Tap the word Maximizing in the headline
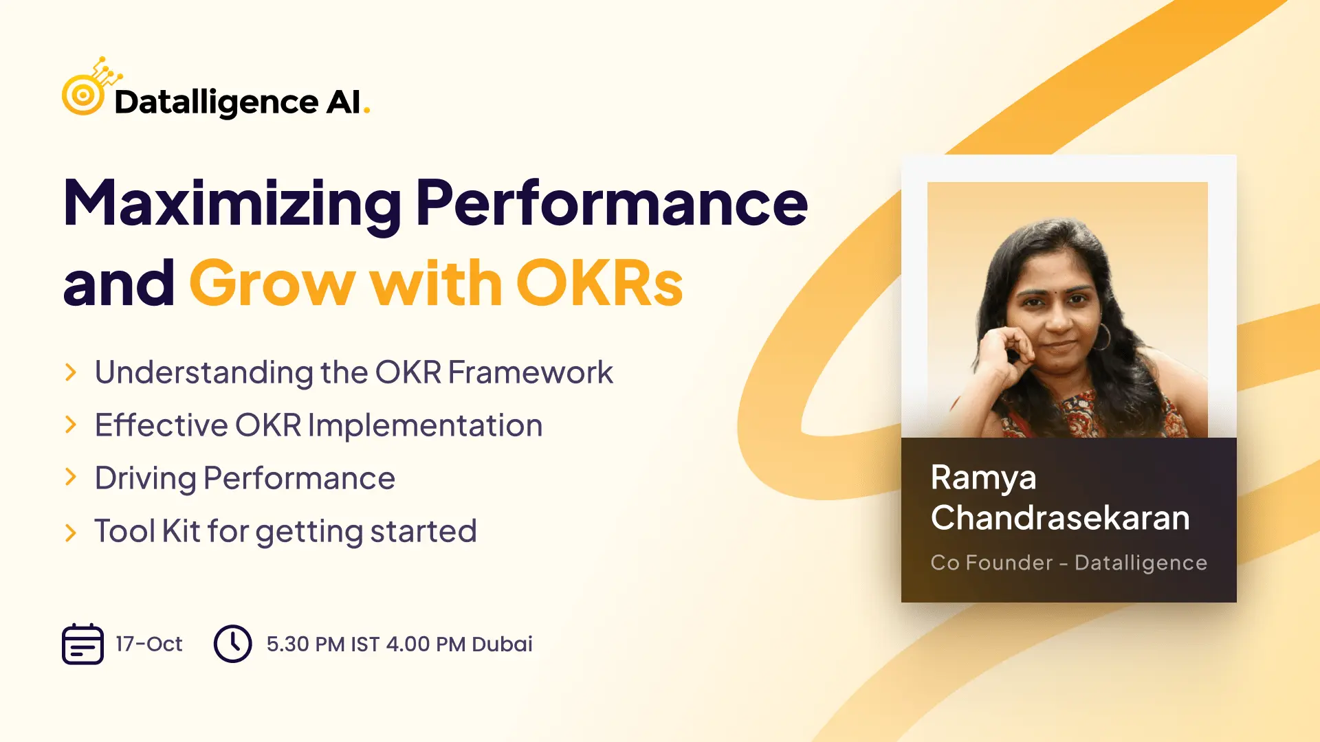pos(232,203)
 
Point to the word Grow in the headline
pos(272,283)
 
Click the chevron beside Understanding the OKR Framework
pos(70,372)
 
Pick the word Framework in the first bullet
pos(530,372)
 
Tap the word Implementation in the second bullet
pos(425,425)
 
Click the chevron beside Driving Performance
pos(70,477)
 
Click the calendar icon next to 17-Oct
pos(82,644)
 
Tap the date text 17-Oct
pos(149,644)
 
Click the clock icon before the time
pos(233,644)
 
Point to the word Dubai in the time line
pos(502,644)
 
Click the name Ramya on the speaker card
pos(983,478)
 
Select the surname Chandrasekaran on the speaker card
pos(1060,517)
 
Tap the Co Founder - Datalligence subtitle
pos(1069,563)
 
